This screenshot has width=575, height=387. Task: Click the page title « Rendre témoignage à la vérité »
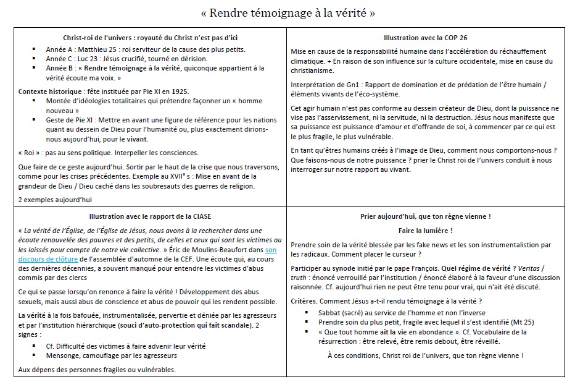pyautogui.click(x=288, y=12)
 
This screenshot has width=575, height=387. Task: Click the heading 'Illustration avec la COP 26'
pyautogui.click(x=425, y=38)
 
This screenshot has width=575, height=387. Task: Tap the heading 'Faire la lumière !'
pyautogui.click(x=425, y=230)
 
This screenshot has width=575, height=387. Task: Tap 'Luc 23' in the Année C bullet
pyautogui.click(x=89, y=59)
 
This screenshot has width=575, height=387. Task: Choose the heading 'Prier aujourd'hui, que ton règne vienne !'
pyautogui.click(x=425, y=216)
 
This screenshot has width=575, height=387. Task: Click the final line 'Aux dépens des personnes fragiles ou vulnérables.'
pyautogui.click(x=96, y=370)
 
